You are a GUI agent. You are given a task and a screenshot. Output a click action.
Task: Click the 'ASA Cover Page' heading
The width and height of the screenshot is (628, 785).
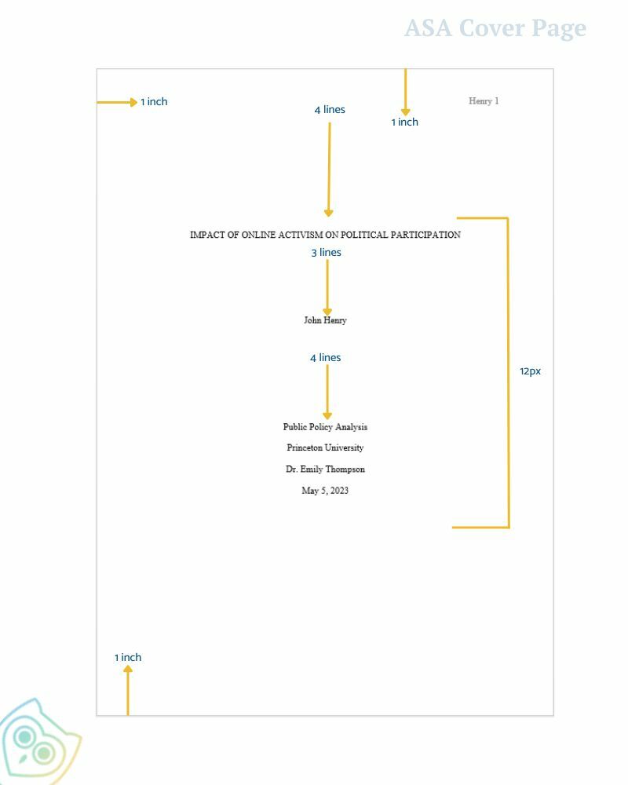[x=495, y=28]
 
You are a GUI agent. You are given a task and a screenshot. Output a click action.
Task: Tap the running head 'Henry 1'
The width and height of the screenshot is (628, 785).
[x=484, y=101]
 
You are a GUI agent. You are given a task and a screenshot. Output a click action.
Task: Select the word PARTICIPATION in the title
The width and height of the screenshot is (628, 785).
[x=425, y=234]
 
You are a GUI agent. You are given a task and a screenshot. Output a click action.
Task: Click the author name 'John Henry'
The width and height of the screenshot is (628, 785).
[x=325, y=320]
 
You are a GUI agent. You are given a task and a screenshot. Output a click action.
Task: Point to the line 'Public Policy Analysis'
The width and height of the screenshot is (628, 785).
[x=325, y=427]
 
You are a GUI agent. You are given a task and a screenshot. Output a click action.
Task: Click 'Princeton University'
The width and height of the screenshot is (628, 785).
[x=325, y=447]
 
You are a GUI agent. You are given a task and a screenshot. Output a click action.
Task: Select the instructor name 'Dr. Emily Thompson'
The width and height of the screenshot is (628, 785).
[x=325, y=469]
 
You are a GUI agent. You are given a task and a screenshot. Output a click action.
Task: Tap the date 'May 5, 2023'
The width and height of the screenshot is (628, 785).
[x=325, y=491]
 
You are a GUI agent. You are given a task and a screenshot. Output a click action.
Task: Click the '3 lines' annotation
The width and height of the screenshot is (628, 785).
[x=326, y=252]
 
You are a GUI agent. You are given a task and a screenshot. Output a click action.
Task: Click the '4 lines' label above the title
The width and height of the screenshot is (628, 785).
[x=330, y=110]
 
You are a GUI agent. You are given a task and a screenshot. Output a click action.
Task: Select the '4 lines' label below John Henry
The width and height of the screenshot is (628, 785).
[x=325, y=357]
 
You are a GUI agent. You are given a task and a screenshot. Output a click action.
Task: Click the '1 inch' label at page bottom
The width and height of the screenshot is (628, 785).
[x=128, y=657]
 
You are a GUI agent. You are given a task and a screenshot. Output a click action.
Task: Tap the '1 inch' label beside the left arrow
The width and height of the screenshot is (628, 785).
[x=154, y=101]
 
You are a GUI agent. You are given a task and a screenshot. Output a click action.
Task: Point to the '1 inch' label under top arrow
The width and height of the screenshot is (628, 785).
[x=404, y=122]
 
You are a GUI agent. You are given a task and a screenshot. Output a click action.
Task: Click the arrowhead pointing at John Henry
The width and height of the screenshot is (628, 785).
[x=327, y=312]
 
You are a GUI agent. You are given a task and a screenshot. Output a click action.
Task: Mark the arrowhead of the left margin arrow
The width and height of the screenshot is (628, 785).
[x=133, y=102]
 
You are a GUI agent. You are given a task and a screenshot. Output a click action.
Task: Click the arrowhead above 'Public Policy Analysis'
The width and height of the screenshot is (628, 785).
[x=327, y=416]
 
